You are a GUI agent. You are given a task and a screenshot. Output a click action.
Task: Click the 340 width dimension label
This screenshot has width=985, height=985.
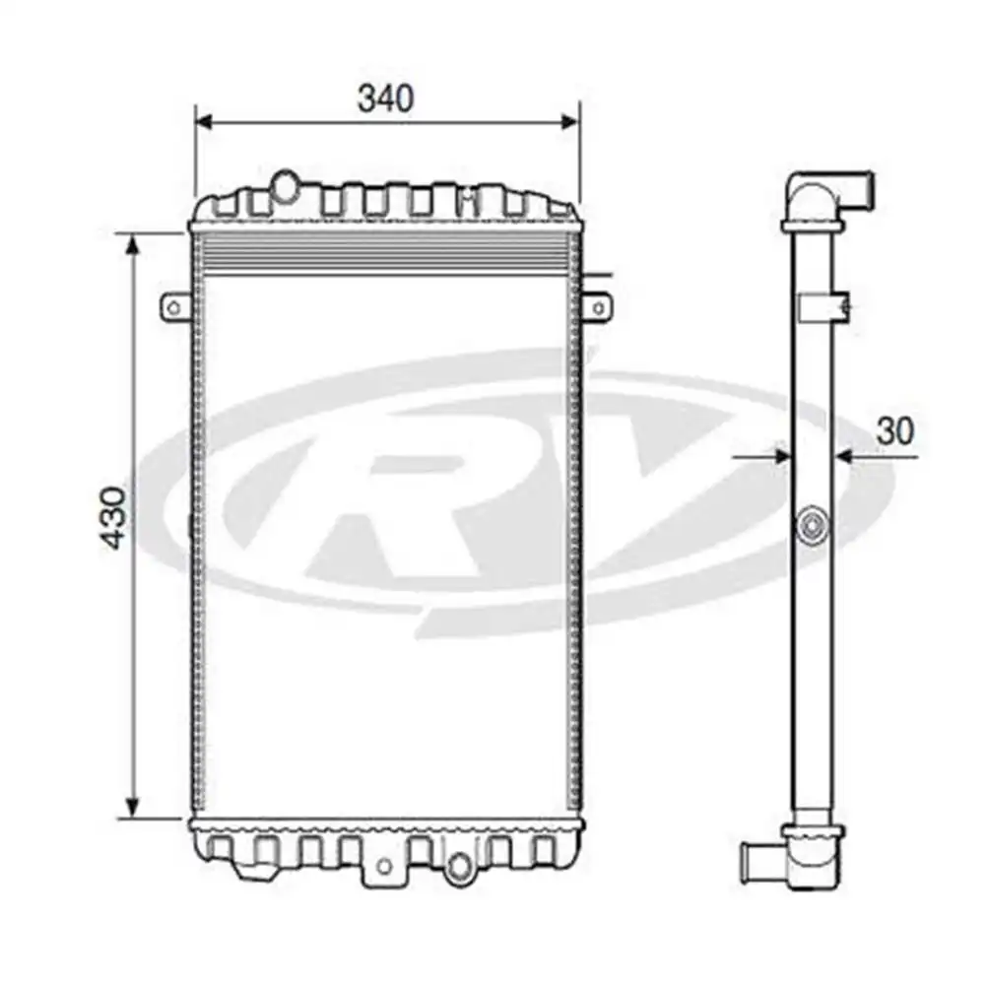tap(385, 98)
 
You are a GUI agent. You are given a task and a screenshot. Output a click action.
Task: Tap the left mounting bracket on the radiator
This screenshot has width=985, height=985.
tap(174, 307)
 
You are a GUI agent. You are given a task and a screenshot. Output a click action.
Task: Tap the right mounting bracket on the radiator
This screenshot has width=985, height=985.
tap(597, 307)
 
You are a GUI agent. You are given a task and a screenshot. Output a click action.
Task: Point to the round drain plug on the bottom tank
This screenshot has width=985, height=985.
tap(458, 867)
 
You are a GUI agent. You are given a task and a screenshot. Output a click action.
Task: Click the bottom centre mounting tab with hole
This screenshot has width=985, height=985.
tap(385, 866)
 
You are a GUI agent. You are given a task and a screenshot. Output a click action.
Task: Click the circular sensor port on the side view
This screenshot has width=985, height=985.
tap(813, 527)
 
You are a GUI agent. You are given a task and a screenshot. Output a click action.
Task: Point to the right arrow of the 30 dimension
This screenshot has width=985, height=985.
tap(845, 456)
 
